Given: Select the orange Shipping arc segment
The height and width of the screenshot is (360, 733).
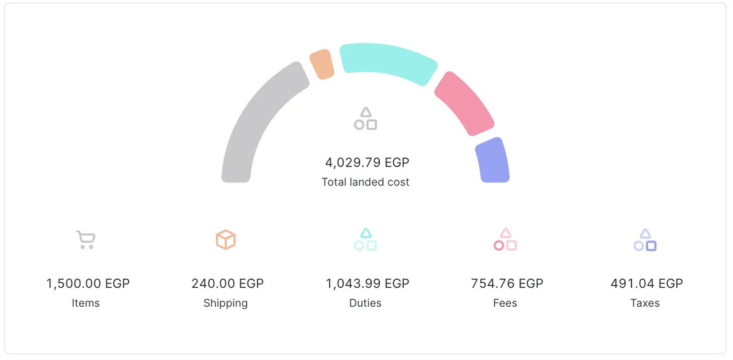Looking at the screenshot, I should tap(322, 64).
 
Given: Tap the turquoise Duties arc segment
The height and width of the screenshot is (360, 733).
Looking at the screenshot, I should tap(388, 61).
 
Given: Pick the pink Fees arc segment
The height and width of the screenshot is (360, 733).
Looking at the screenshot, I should tap(463, 104).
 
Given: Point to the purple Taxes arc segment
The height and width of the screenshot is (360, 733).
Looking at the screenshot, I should tap(492, 161).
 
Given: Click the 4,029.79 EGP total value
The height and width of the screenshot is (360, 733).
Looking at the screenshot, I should tap(367, 163).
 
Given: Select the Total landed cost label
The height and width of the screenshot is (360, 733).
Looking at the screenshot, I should tap(365, 182).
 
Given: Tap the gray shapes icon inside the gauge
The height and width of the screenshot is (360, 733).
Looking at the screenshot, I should tap(365, 118).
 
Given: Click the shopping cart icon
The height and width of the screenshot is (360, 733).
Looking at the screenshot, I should tap(86, 239).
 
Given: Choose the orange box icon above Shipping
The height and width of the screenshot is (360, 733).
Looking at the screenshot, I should tap(226, 239).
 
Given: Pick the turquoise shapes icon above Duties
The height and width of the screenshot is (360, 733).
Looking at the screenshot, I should tap(365, 239).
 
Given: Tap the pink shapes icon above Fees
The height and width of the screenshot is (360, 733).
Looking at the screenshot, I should tap(505, 239).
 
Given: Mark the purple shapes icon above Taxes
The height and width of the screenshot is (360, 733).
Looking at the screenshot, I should tap(645, 239).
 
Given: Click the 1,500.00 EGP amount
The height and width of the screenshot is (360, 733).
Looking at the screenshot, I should tap(88, 283).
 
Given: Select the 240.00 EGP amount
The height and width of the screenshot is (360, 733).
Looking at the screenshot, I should tap(227, 283).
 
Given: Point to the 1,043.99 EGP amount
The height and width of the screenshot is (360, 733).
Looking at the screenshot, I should tap(368, 283).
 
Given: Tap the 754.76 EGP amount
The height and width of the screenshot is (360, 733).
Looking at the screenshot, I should tap(507, 283).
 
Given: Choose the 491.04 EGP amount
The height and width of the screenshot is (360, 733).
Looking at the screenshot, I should tap(647, 283).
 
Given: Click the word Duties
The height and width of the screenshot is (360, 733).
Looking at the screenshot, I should tap(365, 303).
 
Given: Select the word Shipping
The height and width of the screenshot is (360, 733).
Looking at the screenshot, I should tap(226, 303).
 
